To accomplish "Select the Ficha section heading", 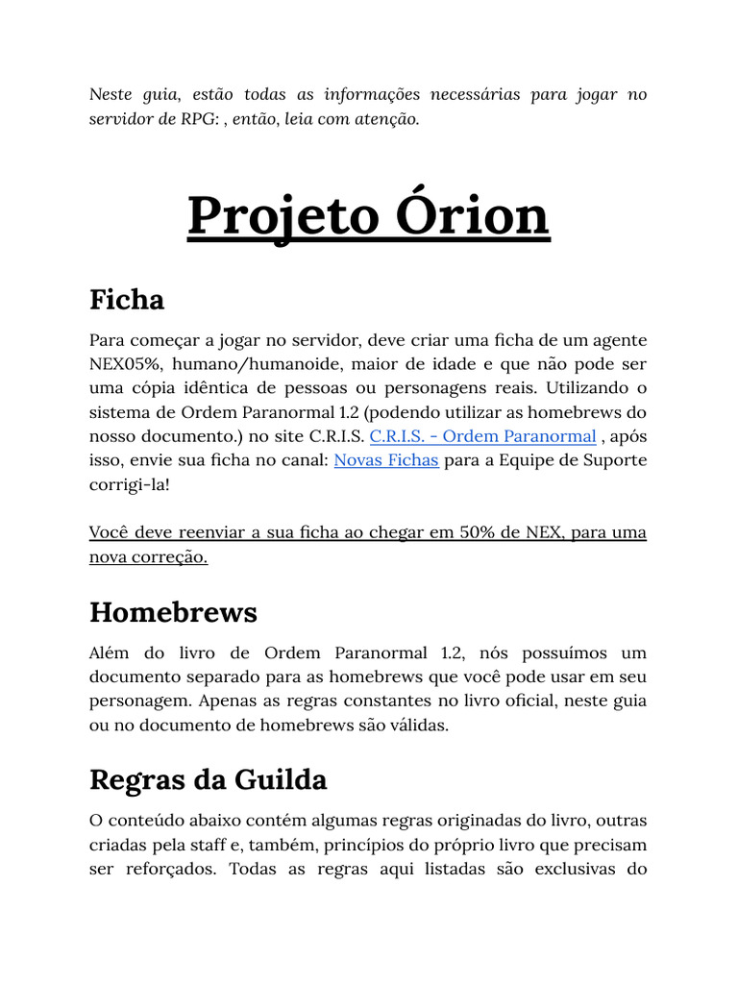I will coord(127,300).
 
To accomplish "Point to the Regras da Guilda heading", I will coord(208,779).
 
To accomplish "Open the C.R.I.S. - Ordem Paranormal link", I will coord(482,436).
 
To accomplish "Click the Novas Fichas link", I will coord(386,460).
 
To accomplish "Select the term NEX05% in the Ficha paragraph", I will coord(126,364).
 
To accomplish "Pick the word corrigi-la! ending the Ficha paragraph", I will coord(129,484).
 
